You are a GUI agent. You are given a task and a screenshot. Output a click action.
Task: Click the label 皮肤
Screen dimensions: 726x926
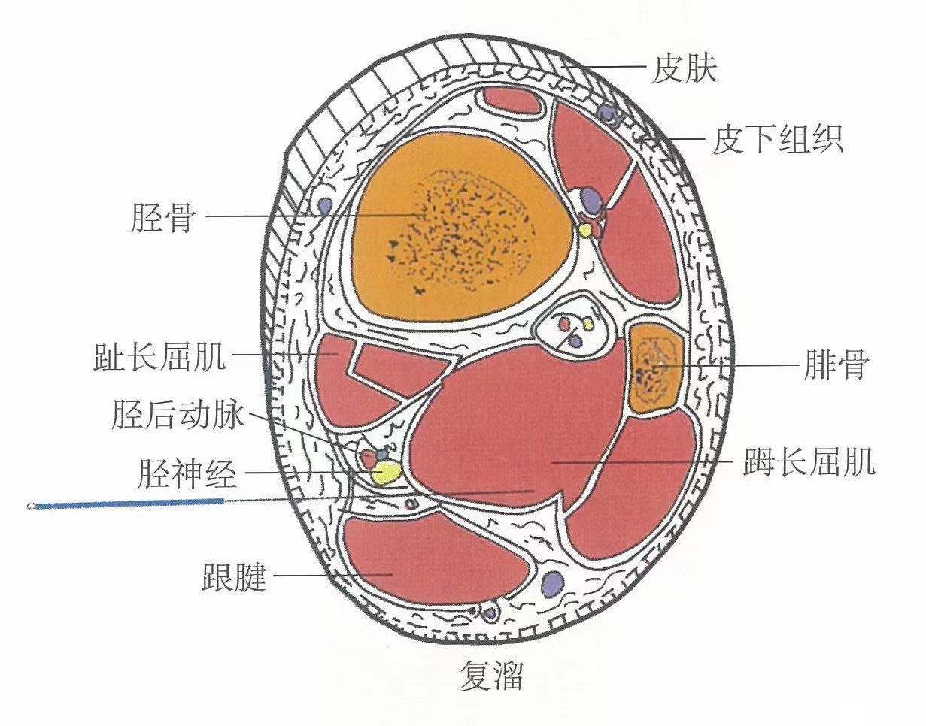pyautogui.click(x=685, y=69)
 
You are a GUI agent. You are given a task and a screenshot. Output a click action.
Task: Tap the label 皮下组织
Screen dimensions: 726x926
pyautogui.click(x=778, y=139)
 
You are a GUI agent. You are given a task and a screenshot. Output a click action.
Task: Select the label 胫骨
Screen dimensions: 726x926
pyautogui.click(x=163, y=218)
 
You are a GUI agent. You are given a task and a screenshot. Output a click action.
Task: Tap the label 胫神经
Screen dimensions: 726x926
pyautogui.click(x=188, y=474)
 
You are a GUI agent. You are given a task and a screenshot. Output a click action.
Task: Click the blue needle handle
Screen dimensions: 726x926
pyautogui.click(x=128, y=503)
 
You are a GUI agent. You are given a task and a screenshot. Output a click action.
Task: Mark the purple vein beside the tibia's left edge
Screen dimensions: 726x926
pyautogui.click(x=325, y=204)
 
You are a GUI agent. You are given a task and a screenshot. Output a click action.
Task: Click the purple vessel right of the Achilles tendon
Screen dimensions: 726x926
pyautogui.click(x=553, y=582)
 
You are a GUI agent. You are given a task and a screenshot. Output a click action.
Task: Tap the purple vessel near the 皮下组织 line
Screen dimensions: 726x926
pyautogui.click(x=606, y=113)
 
